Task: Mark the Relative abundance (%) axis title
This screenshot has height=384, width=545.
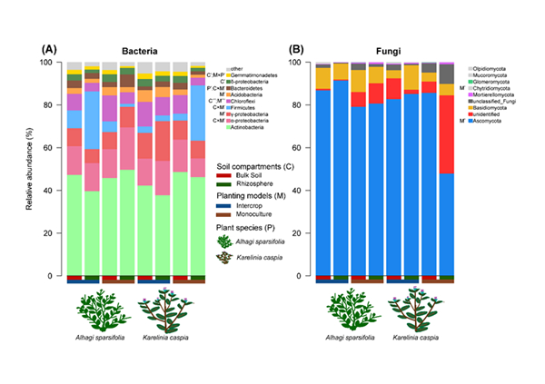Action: point(32,169)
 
